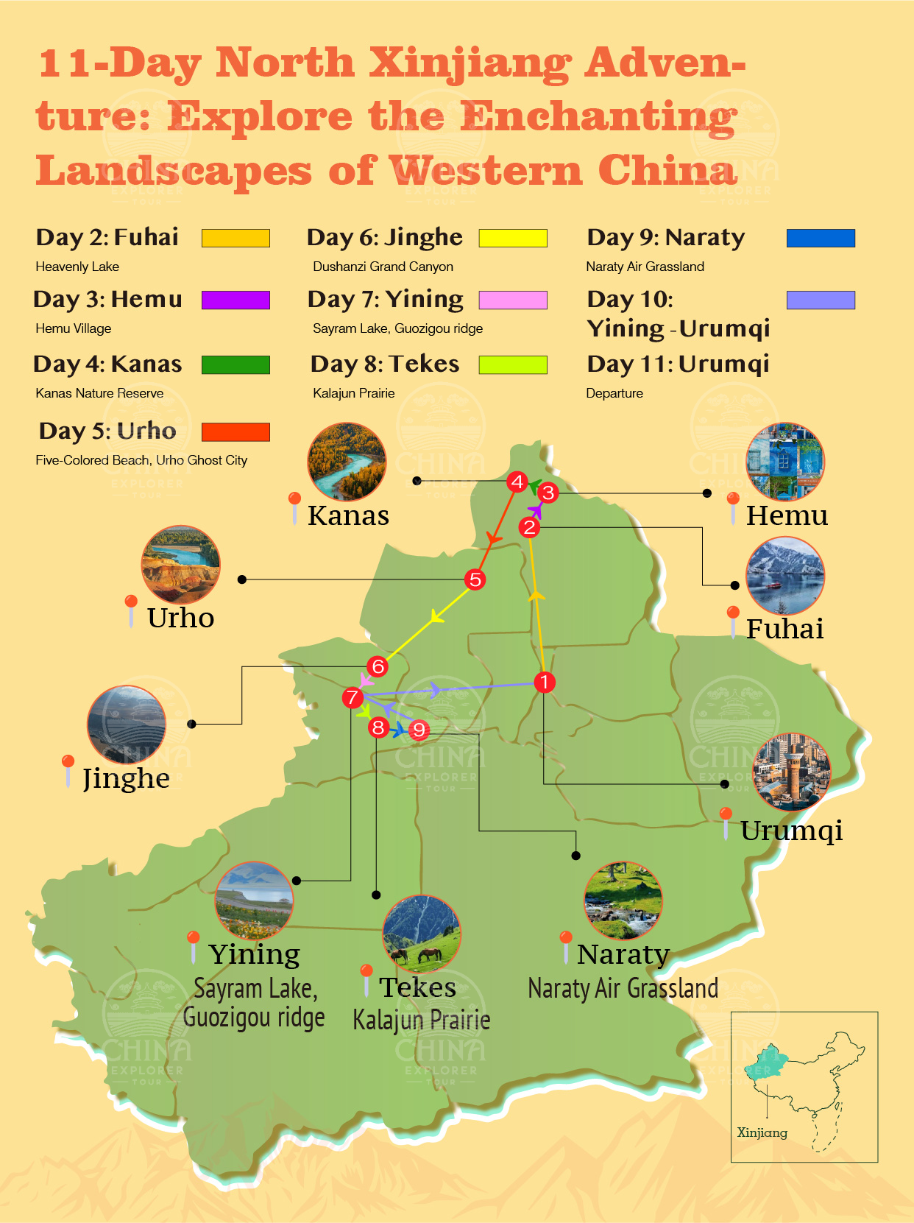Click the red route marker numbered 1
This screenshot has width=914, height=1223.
544,683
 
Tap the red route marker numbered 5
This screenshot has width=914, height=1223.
475,579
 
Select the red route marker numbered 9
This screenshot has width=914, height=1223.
419,730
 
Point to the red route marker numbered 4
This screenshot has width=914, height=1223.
517,482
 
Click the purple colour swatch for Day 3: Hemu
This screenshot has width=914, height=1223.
235,300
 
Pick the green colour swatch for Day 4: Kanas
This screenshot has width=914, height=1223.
235,364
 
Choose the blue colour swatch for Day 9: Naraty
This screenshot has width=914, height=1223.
821,238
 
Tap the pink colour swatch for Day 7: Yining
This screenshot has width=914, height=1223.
513,300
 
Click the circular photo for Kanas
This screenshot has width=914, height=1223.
347,462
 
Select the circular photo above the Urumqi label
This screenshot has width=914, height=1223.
792,772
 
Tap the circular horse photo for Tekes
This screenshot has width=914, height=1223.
422,934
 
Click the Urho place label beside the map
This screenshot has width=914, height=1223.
180,618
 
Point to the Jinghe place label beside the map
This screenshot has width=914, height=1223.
126,778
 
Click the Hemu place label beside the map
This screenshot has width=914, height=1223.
787,515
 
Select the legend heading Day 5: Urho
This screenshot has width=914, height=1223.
107,431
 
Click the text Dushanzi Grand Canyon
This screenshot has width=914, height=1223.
383,267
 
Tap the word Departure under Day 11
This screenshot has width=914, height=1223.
614,393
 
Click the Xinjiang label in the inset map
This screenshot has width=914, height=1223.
762,1132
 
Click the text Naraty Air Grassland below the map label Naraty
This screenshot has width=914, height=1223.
623,988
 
